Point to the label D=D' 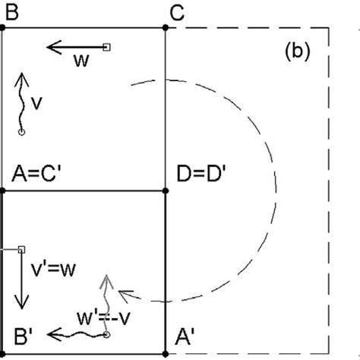200,174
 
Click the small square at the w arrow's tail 106,47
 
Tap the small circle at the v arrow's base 21,132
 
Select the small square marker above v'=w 21,248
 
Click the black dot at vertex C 166,27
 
